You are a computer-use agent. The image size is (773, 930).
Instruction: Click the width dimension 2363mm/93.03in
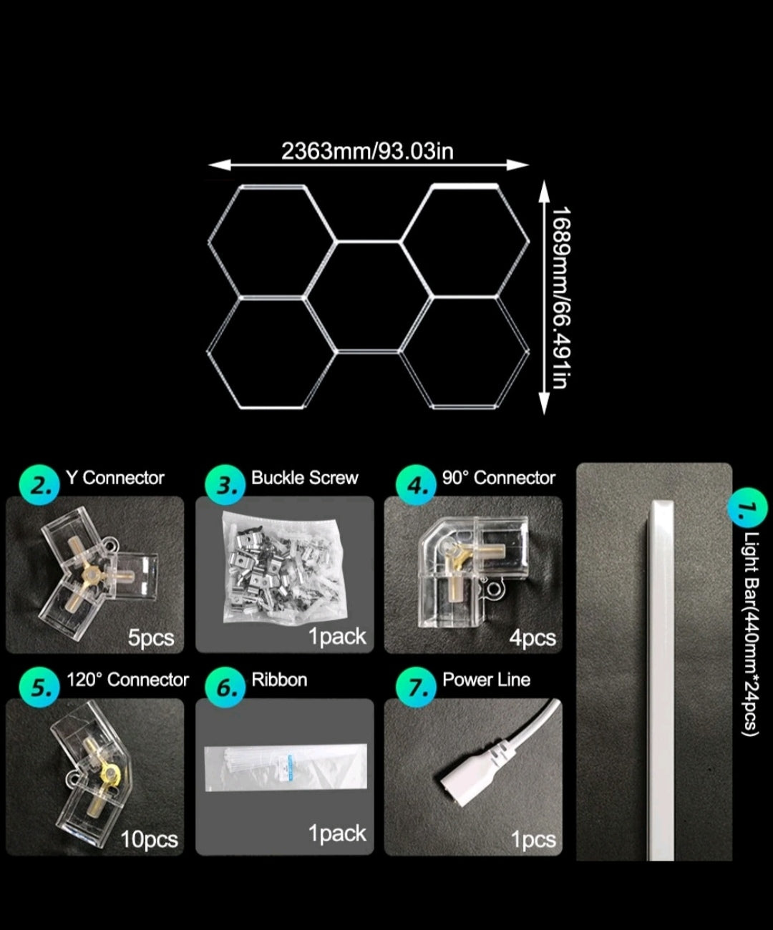click(368, 151)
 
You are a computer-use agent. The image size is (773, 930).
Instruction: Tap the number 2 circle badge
click(39, 485)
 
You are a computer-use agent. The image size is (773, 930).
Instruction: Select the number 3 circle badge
click(225, 485)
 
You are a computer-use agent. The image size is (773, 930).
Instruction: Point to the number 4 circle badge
click(416, 485)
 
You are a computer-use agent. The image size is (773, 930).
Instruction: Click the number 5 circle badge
click(39, 687)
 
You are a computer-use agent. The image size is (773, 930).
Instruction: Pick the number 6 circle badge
click(225, 687)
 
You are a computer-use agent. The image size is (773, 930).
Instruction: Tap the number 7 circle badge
click(416, 687)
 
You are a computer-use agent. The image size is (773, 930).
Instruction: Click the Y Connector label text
click(115, 478)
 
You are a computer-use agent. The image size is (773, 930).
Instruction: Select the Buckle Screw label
click(305, 478)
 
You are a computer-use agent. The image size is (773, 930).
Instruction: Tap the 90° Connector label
click(499, 478)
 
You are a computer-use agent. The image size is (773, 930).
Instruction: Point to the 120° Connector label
click(127, 680)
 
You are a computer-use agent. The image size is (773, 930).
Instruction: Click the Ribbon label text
click(279, 680)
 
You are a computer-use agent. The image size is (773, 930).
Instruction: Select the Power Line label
click(486, 680)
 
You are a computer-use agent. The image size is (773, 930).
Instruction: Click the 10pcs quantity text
click(149, 840)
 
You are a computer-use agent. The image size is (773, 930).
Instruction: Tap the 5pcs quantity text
click(151, 637)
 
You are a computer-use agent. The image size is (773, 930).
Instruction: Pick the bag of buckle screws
click(284, 568)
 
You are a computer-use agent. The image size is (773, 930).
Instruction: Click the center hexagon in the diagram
click(368, 297)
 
